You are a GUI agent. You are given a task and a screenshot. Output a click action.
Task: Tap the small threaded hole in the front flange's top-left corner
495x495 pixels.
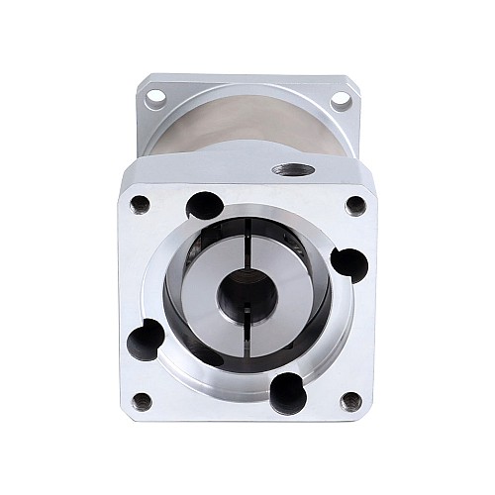pos(140,204)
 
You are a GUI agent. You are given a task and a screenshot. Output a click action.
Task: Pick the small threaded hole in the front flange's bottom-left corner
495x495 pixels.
pos(142,401)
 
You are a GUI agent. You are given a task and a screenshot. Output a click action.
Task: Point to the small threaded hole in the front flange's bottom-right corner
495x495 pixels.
pos(350,401)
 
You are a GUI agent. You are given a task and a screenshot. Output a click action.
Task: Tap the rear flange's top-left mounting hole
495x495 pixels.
pos(154,99)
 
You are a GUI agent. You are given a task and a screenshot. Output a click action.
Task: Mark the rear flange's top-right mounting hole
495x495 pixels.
pos(339,99)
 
